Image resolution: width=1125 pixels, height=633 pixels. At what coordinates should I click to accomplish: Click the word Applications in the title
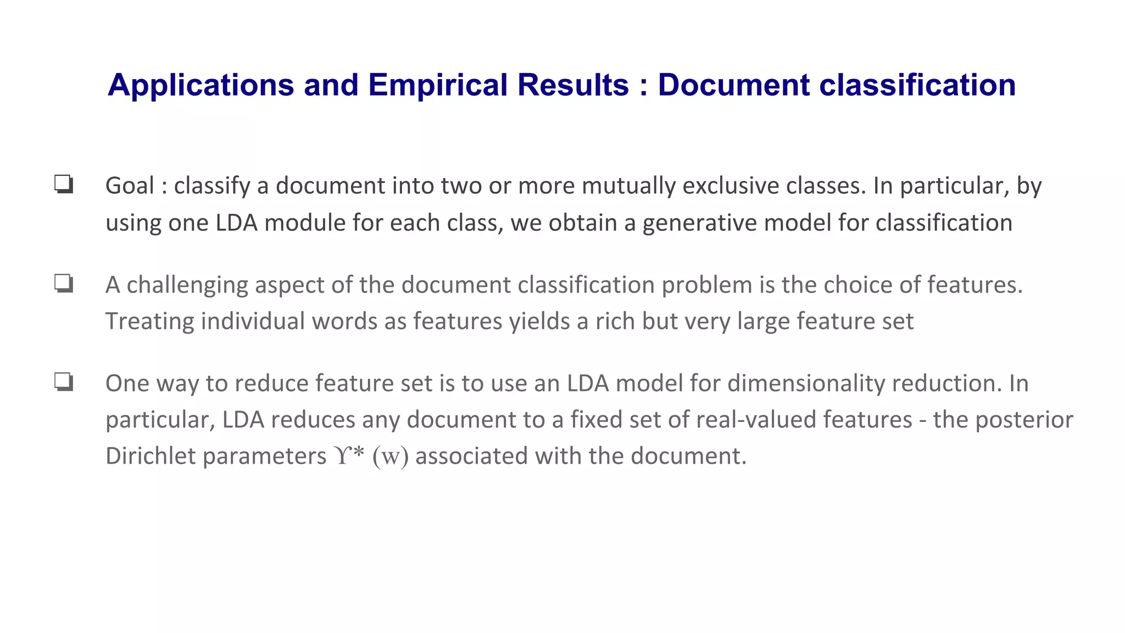tap(201, 85)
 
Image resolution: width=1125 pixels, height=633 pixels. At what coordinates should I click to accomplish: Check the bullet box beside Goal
tap(64, 184)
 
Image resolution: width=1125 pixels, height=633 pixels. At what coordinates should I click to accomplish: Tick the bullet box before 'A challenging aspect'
tap(64, 284)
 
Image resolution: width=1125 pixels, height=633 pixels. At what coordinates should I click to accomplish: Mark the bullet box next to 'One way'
tap(64, 381)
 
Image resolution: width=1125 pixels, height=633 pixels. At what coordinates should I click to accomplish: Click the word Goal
tap(130, 186)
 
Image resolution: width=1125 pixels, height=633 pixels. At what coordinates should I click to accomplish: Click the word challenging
tap(187, 285)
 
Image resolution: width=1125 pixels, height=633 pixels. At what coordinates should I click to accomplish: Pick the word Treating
tap(149, 321)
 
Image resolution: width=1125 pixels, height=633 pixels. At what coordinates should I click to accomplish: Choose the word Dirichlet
tap(151, 456)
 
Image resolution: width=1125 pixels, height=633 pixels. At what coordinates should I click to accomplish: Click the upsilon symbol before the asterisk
tap(341, 456)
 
